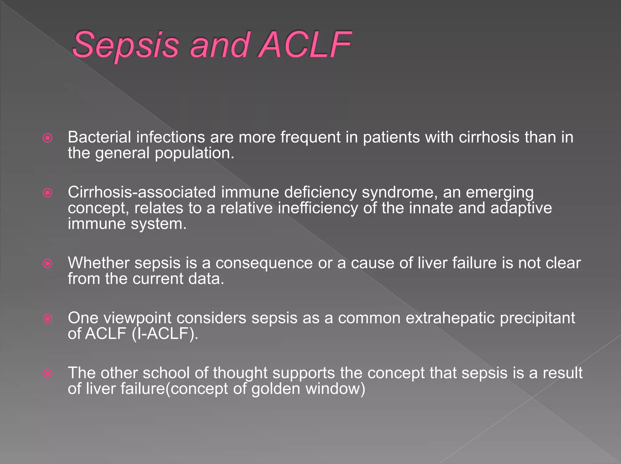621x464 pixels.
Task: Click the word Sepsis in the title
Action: (125, 45)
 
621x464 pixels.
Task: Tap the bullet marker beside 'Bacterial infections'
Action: (48, 138)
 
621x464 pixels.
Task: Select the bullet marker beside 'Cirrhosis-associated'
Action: (48, 193)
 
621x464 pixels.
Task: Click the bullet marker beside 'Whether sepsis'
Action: (48, 263)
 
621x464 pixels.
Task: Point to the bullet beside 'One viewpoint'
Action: (48, 318)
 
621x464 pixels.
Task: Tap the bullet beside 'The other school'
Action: (48, 373)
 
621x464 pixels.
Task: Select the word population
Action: (194, 154)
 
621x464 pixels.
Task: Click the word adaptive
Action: (521, 209)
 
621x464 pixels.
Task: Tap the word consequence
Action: (264, 263)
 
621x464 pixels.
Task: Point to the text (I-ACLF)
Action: (165, 334)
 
